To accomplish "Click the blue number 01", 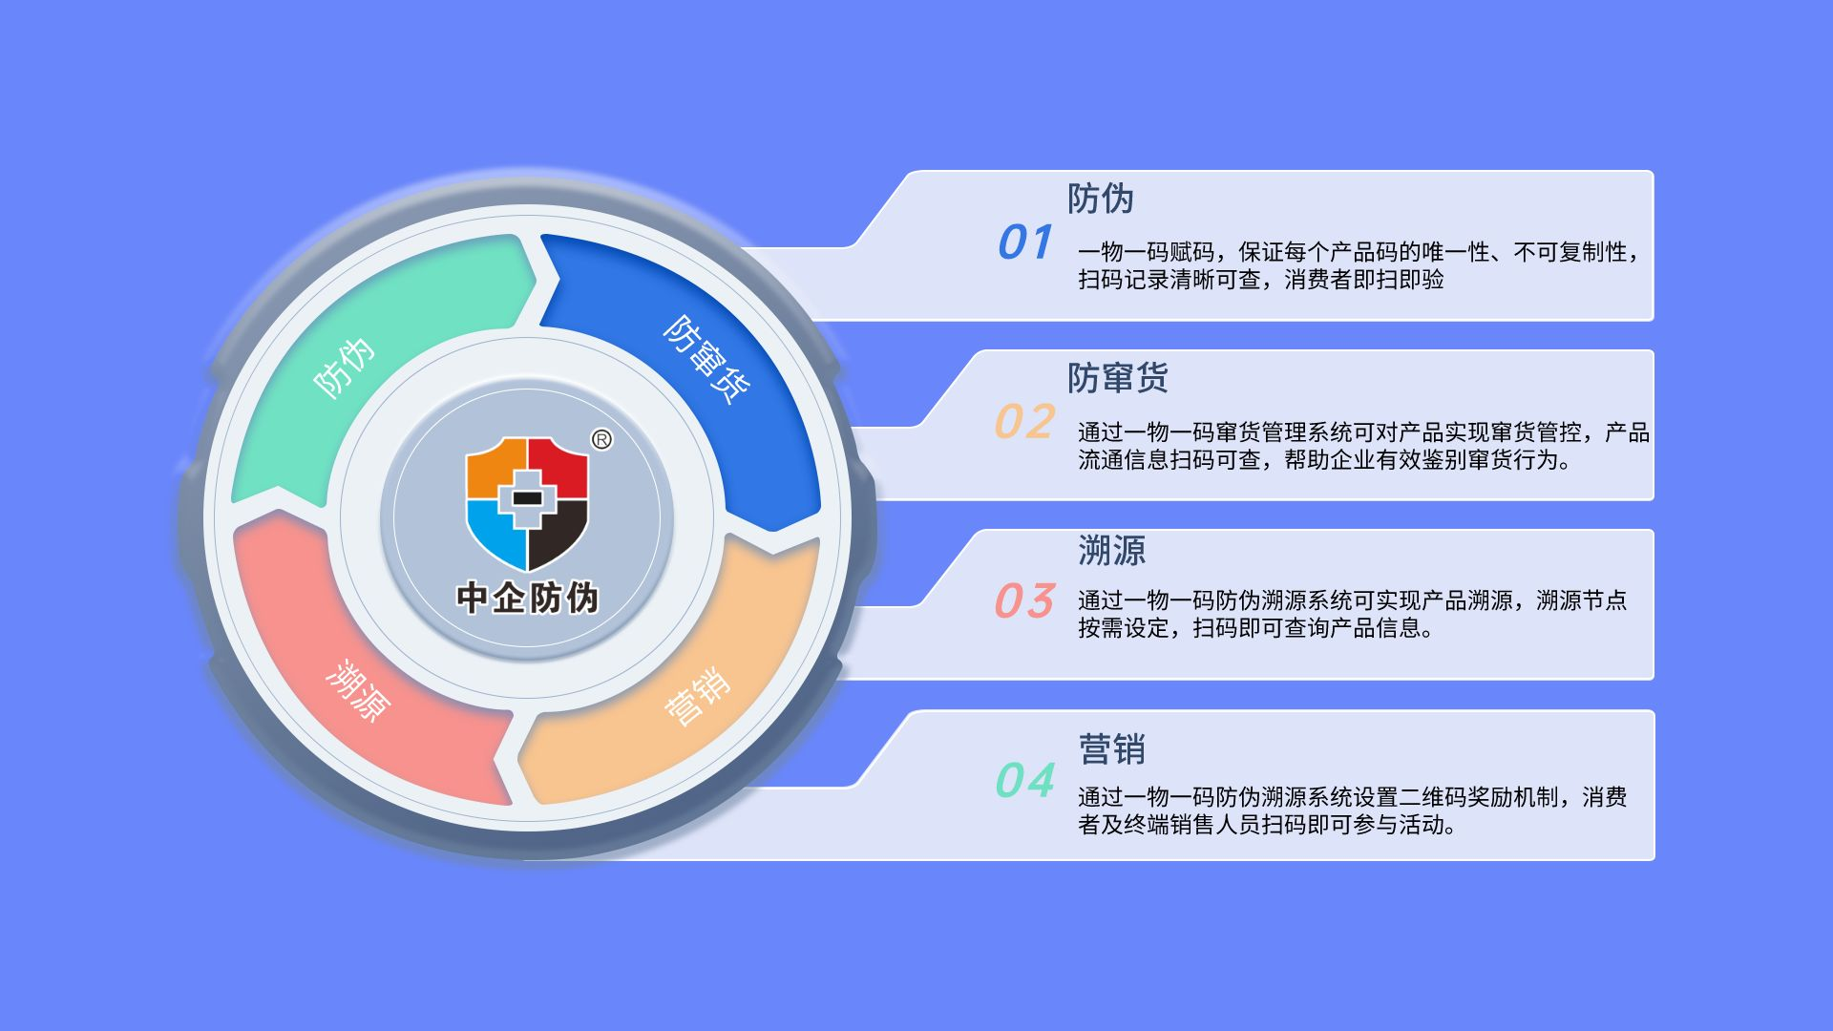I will pos(1024,242).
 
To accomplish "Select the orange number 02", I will pos(1024,422).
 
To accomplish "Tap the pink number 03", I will pos(1024,601).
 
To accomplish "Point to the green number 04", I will pos(1024,781).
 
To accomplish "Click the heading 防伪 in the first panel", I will pos(1101,199).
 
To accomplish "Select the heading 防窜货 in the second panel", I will pos(1117,378).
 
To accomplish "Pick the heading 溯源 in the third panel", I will pos(1111,551).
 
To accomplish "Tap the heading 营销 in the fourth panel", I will pos(1111,749).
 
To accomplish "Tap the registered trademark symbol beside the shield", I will pos(601,440).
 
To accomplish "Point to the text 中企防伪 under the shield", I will pos(527,598).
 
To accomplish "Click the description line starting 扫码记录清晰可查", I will pos(1260,280).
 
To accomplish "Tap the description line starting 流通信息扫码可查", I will pos(1323,460).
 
